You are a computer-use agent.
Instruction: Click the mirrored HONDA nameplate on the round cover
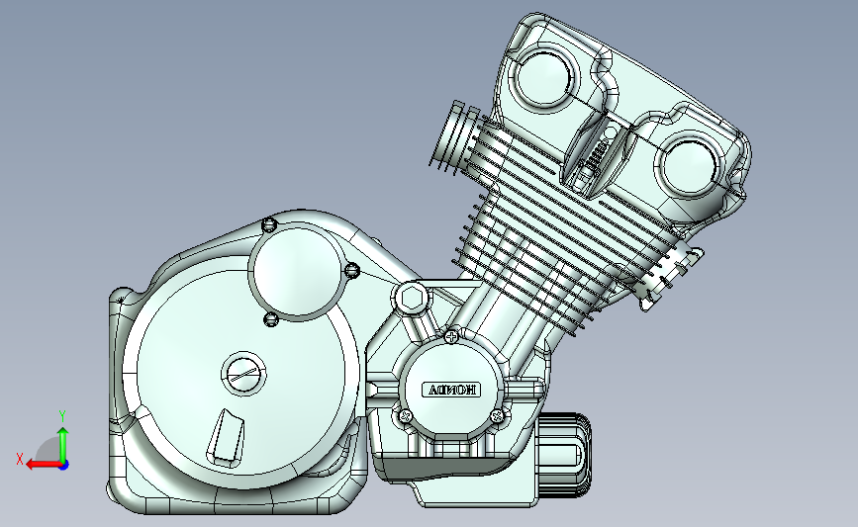point(452,390)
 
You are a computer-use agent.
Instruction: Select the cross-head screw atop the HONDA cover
point(452,337)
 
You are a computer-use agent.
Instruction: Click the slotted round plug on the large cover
point(241,373)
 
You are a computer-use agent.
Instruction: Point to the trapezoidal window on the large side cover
point(227,437)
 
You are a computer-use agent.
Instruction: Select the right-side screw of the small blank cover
point(350,269)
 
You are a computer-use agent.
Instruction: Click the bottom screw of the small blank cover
point(270,318)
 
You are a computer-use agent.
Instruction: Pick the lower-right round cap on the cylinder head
point(686,164)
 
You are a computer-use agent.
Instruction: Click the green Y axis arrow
point(63,441)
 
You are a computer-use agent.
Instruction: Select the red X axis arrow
point(40,464)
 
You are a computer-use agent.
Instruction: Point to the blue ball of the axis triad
point(63,463)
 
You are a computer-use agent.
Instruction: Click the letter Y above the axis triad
point(61,416)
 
